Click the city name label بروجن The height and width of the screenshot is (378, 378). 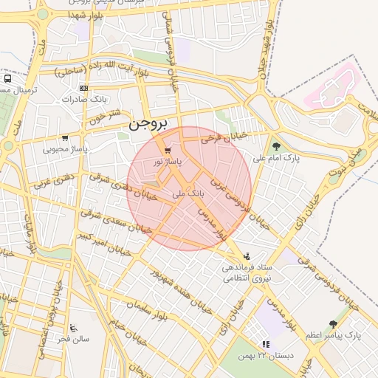(x=148, y=123)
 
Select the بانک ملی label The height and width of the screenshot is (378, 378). (x=187, y=193)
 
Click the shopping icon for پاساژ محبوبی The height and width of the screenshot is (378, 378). (x=65, y=138)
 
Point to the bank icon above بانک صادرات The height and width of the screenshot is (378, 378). (x=83, y=88)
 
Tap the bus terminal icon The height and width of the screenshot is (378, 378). (x=7, y=78)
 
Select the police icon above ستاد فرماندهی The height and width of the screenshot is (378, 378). (x=247, y=255)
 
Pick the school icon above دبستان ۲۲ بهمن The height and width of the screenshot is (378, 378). (x=265, y=344)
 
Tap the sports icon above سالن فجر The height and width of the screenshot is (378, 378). (x=72, y=328)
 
